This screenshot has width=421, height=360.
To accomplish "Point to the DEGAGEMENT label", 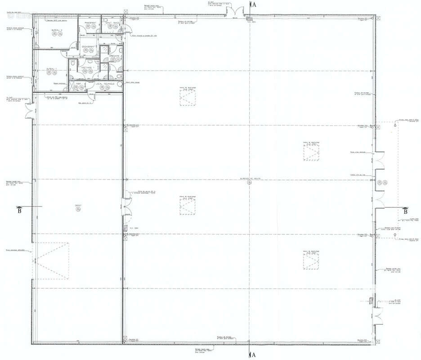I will tap(88, 46).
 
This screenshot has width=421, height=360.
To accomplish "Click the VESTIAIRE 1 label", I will tap(86, 68).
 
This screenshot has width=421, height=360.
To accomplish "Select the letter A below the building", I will tap(254, 355).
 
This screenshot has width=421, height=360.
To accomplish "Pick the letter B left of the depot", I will tap(19, 210).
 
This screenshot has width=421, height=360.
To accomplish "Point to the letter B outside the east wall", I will tap(405, 211).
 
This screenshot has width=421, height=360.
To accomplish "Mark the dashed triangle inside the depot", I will tap(51, 261).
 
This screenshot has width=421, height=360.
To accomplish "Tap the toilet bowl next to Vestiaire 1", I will tap(73, 67).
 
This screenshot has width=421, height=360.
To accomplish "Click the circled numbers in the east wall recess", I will tap(382, 182).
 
